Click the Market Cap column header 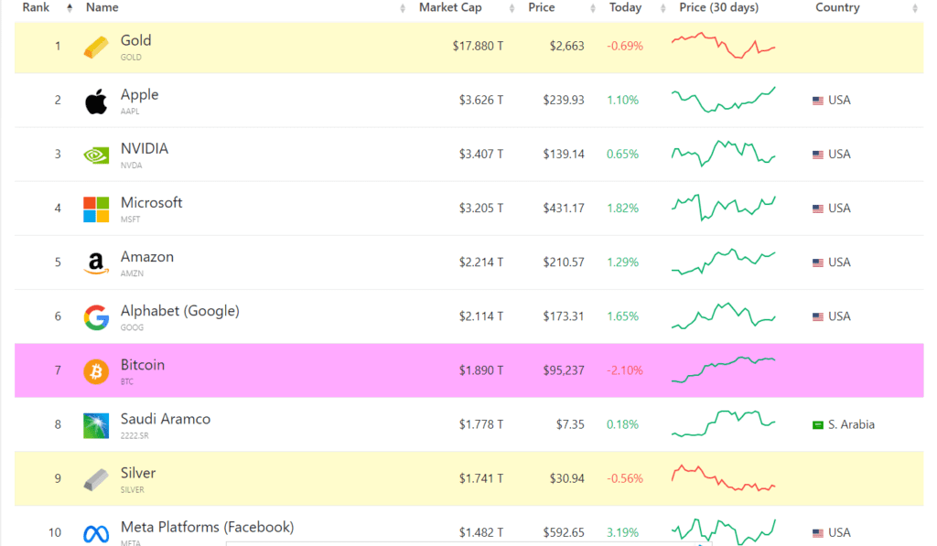[x=449, y=8]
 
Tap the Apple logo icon [x=96, y=101]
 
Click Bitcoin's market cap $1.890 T [x=481, y=370]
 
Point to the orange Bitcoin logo [x=96, y=370]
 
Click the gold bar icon [x=96, y=48]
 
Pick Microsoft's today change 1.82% [x=622, y=209]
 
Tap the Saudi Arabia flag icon [x=818, y=424]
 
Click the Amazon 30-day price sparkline [x=723, y=262]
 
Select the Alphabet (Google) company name [x=179, y=311]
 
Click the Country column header [x=837, y=8]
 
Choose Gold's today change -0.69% [x=625, y=46]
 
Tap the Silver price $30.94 [x=565, y=478]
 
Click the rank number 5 [x=58, y=262]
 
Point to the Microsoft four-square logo [x=96, y=209]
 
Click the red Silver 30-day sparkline [x=723, y=478]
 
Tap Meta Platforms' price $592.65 [x=562, y=532]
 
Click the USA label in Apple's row [x=839, y=101]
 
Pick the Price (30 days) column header [x=718, y=8]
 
